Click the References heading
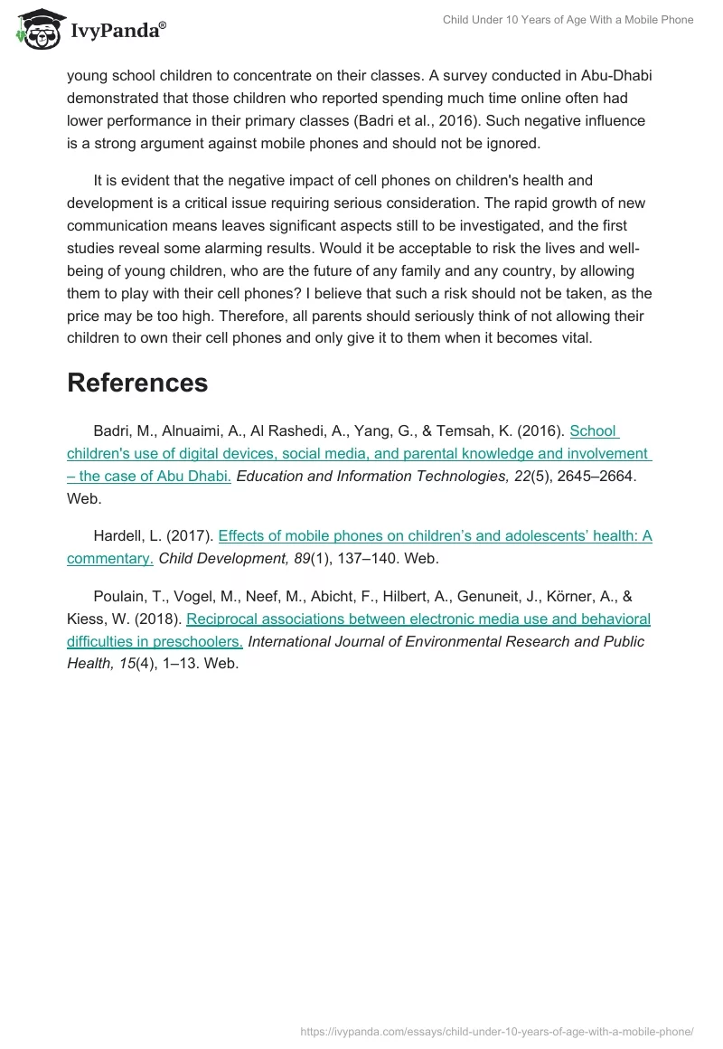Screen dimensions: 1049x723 (x=137, y=383)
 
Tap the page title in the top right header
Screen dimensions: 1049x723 (x=568, y=20)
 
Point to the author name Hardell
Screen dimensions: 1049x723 (x=119, y=536)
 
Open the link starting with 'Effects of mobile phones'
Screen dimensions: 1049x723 (x=435, y=536)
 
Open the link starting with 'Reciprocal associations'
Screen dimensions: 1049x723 (x=418, y=619)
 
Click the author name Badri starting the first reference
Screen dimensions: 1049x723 (x=112, y=431)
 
